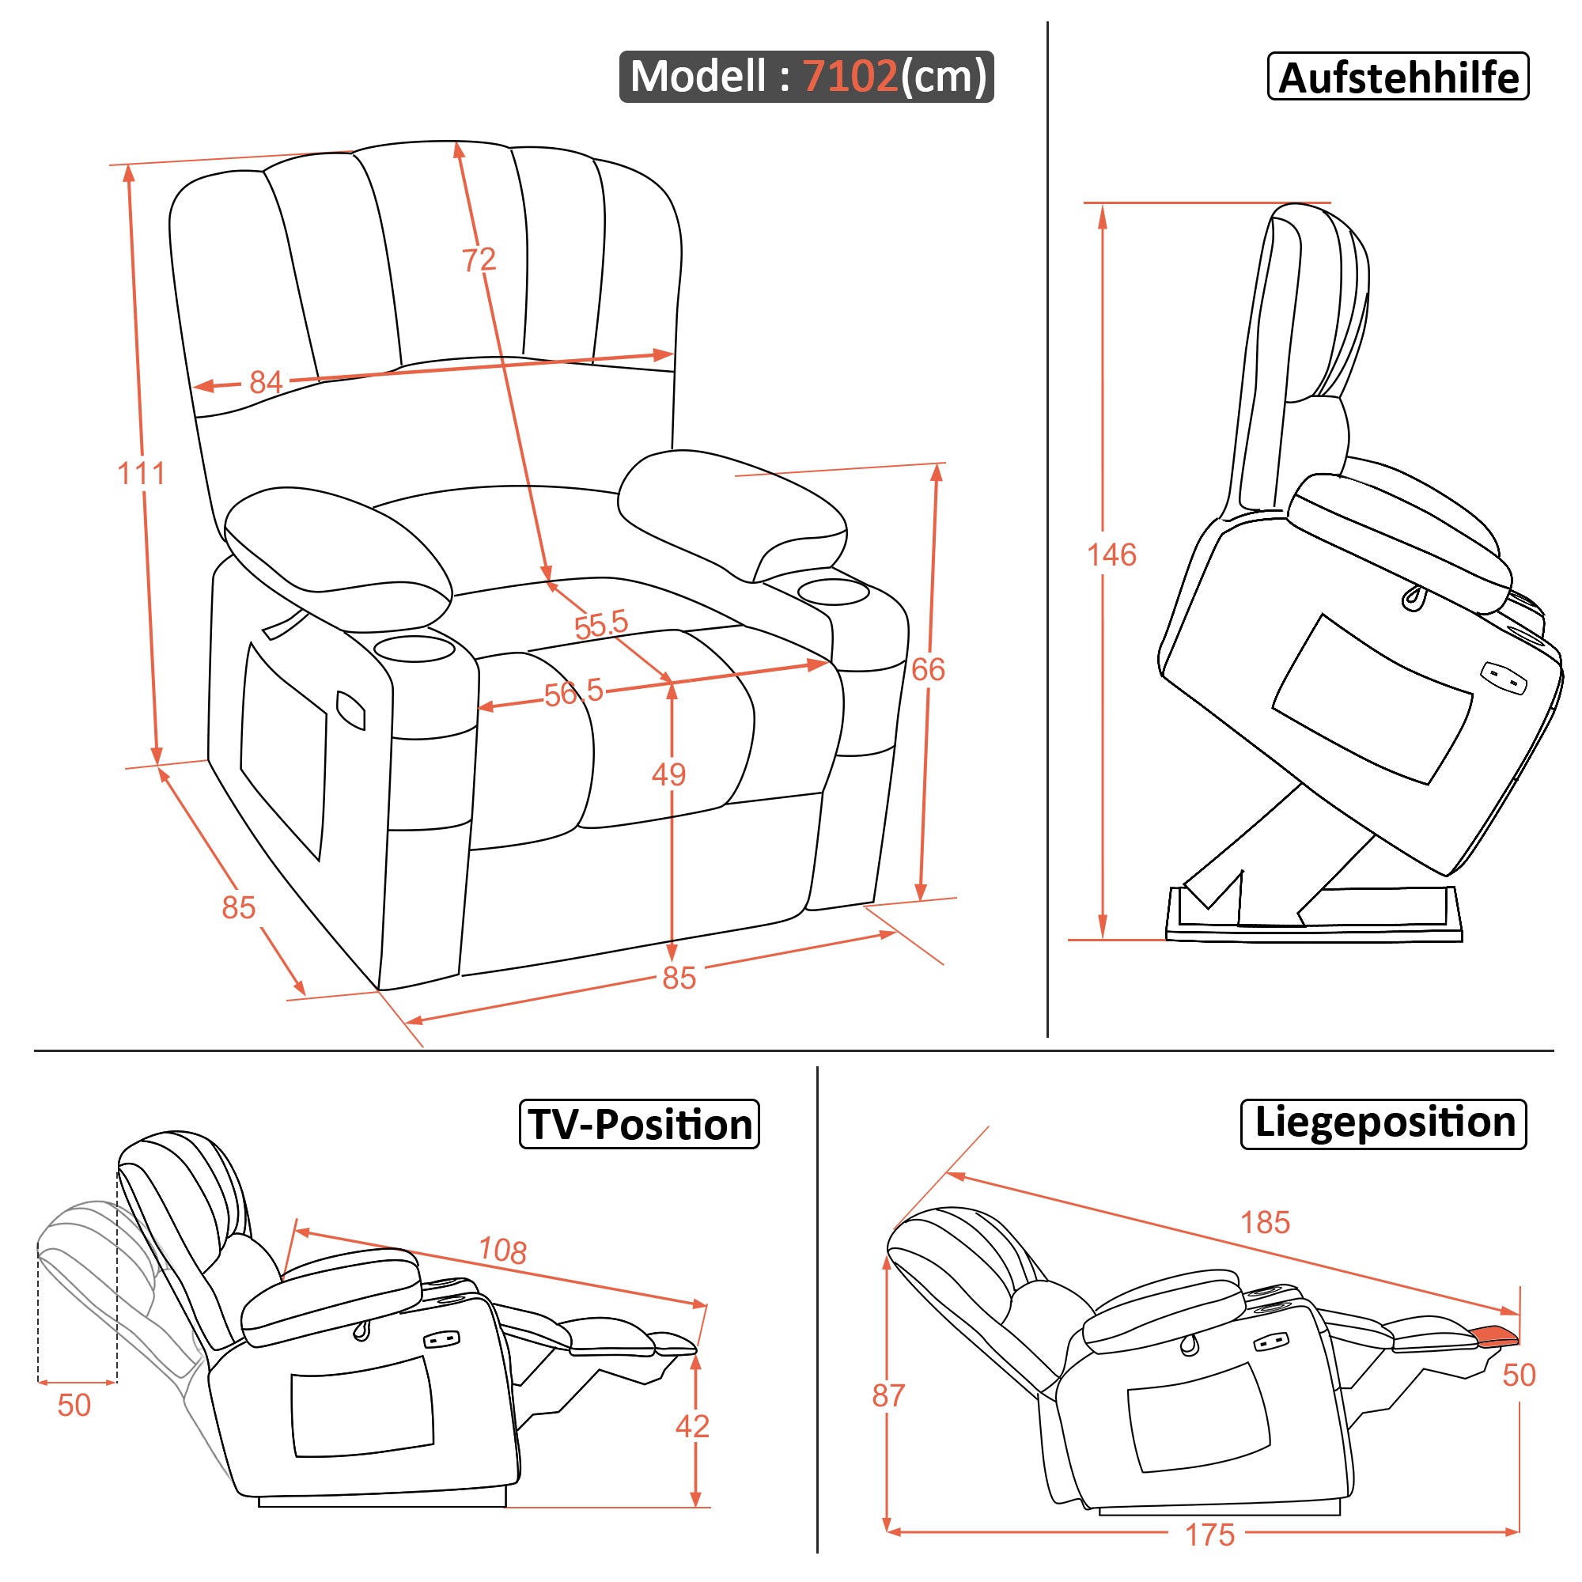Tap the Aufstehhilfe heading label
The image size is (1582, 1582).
[1397, 77]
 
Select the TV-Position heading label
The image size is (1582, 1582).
[639, 1124]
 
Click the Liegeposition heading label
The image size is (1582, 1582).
[1383, 1122]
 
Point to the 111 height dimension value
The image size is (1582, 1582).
[141, 473]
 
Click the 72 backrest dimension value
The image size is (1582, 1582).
[479, 259]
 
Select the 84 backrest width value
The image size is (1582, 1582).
[265, 382]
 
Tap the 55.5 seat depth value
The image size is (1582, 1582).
[600, 625]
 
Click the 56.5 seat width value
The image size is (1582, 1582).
[573, 693]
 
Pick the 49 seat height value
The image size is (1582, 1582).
[668, 774]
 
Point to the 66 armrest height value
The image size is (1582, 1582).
[928, 670]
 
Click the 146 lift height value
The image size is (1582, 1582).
[1111, 555]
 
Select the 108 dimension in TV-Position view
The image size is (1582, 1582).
[502, 1251]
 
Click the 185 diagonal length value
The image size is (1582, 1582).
[1264, 1223]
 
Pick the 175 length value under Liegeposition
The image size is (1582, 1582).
[1209, 1535]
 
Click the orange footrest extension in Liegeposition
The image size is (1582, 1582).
[1495, 1335]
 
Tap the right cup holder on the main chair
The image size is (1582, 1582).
[834, 591]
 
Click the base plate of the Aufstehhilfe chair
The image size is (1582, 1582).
[1313, 933]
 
